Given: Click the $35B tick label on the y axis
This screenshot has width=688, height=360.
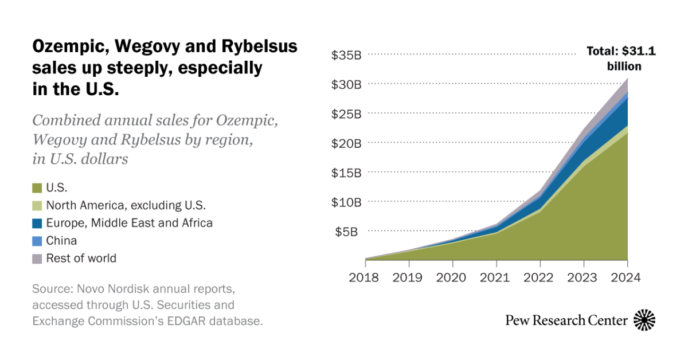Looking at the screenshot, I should click(x=346, y=55).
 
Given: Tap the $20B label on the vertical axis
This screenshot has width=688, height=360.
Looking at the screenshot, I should click(x=346, y=143).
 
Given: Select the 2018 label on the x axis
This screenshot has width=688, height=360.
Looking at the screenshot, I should click(x=365, y=278).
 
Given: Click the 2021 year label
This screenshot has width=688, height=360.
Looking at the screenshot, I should click(x=496, y=278).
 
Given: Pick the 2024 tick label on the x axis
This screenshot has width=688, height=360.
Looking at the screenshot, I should click(x=627, y=278).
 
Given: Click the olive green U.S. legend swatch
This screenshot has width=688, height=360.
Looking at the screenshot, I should click(x=37, y=187).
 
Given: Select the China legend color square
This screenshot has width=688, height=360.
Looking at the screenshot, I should click(x=37, y=241).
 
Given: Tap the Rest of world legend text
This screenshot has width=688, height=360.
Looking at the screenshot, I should click(x=81, y=258).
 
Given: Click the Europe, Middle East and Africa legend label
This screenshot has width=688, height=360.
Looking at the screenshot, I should click(x=129, y=223).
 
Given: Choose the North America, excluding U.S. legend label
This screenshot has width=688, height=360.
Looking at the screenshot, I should click(x=126, y=205).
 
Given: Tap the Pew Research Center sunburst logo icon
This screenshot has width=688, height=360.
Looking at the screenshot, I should click(x=644, y=320).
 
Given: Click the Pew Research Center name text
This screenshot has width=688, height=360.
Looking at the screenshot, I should click(x=566, y=320).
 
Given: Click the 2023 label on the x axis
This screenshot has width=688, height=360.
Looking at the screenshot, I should click(x=583, y=278).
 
